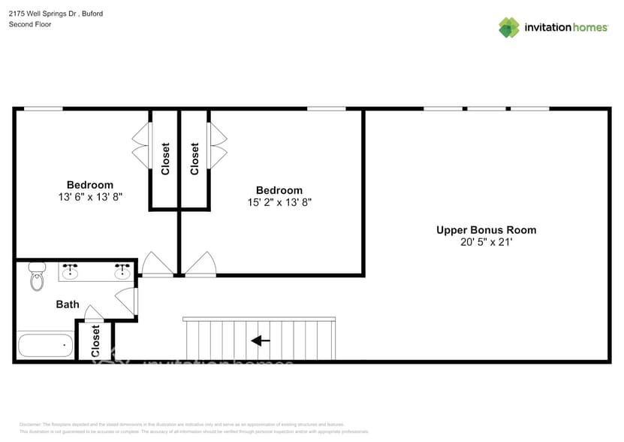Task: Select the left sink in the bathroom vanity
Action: [x=71, y=272]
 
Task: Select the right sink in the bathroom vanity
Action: [x=122, y=272]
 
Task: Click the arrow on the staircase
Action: [x=260, y=341]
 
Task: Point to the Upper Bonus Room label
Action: [x=486, y=230]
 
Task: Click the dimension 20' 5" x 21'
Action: [x=486, y=242]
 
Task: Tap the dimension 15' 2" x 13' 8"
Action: [x=279, y=202]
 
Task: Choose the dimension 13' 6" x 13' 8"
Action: [x=90, y=197]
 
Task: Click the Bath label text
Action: [x=68, y=304]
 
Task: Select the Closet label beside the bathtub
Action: [x=95, y=341]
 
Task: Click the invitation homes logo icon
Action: [x=509, y=27]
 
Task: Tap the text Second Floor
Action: [x=30, y=24]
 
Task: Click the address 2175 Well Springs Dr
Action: [x=45, y=13]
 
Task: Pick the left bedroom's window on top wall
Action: [x=43, y=109]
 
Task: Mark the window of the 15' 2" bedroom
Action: [x=326, y=109]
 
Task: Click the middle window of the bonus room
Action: [x=487, y=109]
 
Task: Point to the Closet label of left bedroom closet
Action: [x=165, y=159]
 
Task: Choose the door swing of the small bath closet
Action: [x=94, y=312]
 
